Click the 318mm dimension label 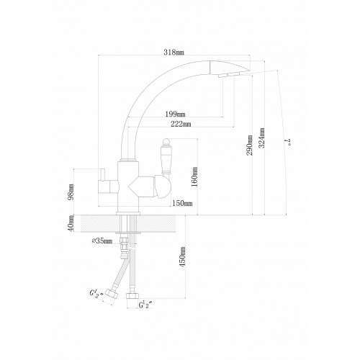[x=174, y=52]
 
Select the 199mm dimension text [x=175, y=114]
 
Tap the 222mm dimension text [x=181, y=124]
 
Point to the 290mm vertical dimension [x=250, y=145]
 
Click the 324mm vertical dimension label [x=262, y=138]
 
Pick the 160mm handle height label [x=194, y=177]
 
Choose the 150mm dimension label [x=182, y=203]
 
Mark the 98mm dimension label [x=71, y=192]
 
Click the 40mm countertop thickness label [x=71, y=223]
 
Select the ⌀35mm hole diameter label [x=102, y=240]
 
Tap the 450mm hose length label [x=182, y=257]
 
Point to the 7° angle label [x=287, y=142]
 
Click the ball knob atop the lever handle [x=166, y=141]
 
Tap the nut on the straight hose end [x=132, y=295]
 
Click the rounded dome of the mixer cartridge [x=163, y=186]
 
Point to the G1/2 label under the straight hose [x=145, y=305]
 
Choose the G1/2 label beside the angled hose [x=96, y=293]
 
